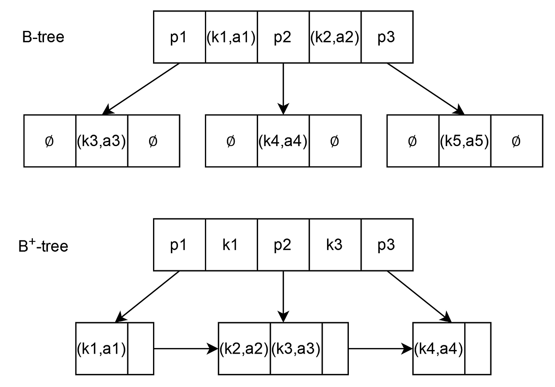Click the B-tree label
click(x=43, y=37)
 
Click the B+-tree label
click(x=43, y=246)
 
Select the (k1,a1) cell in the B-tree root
click(x=231, y=37)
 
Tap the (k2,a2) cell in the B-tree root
click(x=335, y=37)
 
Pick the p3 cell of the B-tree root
click(x=387, y=37)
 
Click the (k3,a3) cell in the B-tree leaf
click(x=101, y=141)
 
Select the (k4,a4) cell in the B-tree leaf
click(x=283, y=141)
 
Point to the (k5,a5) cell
click(x=465, y=141)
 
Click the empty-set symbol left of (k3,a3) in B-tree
click(x=50, y=141)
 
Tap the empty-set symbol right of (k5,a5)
click(x=516, y=141)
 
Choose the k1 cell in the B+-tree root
click(x=231, y=245)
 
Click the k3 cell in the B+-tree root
click(x=335, y=245)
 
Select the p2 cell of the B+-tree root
click(x=283, y=245)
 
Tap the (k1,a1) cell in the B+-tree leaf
click(x=101, y=348)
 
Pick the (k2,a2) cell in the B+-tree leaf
click(x=244, y=348)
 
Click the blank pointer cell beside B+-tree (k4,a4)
click(x=478, y=348)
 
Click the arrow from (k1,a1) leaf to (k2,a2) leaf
click(x=186, y=348)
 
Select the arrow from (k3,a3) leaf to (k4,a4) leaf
click(x=381, y=348)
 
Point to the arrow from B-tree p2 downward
click(x=283, y=89)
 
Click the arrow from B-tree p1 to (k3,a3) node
click(x=141, y=89)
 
